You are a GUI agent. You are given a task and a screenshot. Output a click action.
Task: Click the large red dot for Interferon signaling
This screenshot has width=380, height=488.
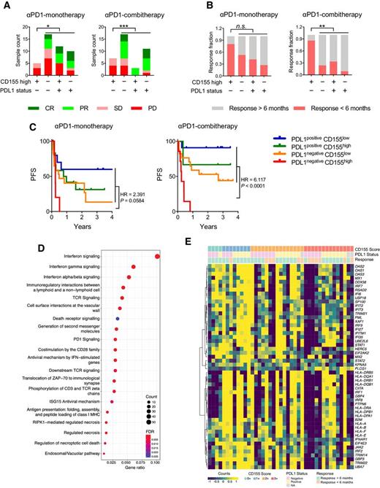pyautogui.click(x=178, y=255)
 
